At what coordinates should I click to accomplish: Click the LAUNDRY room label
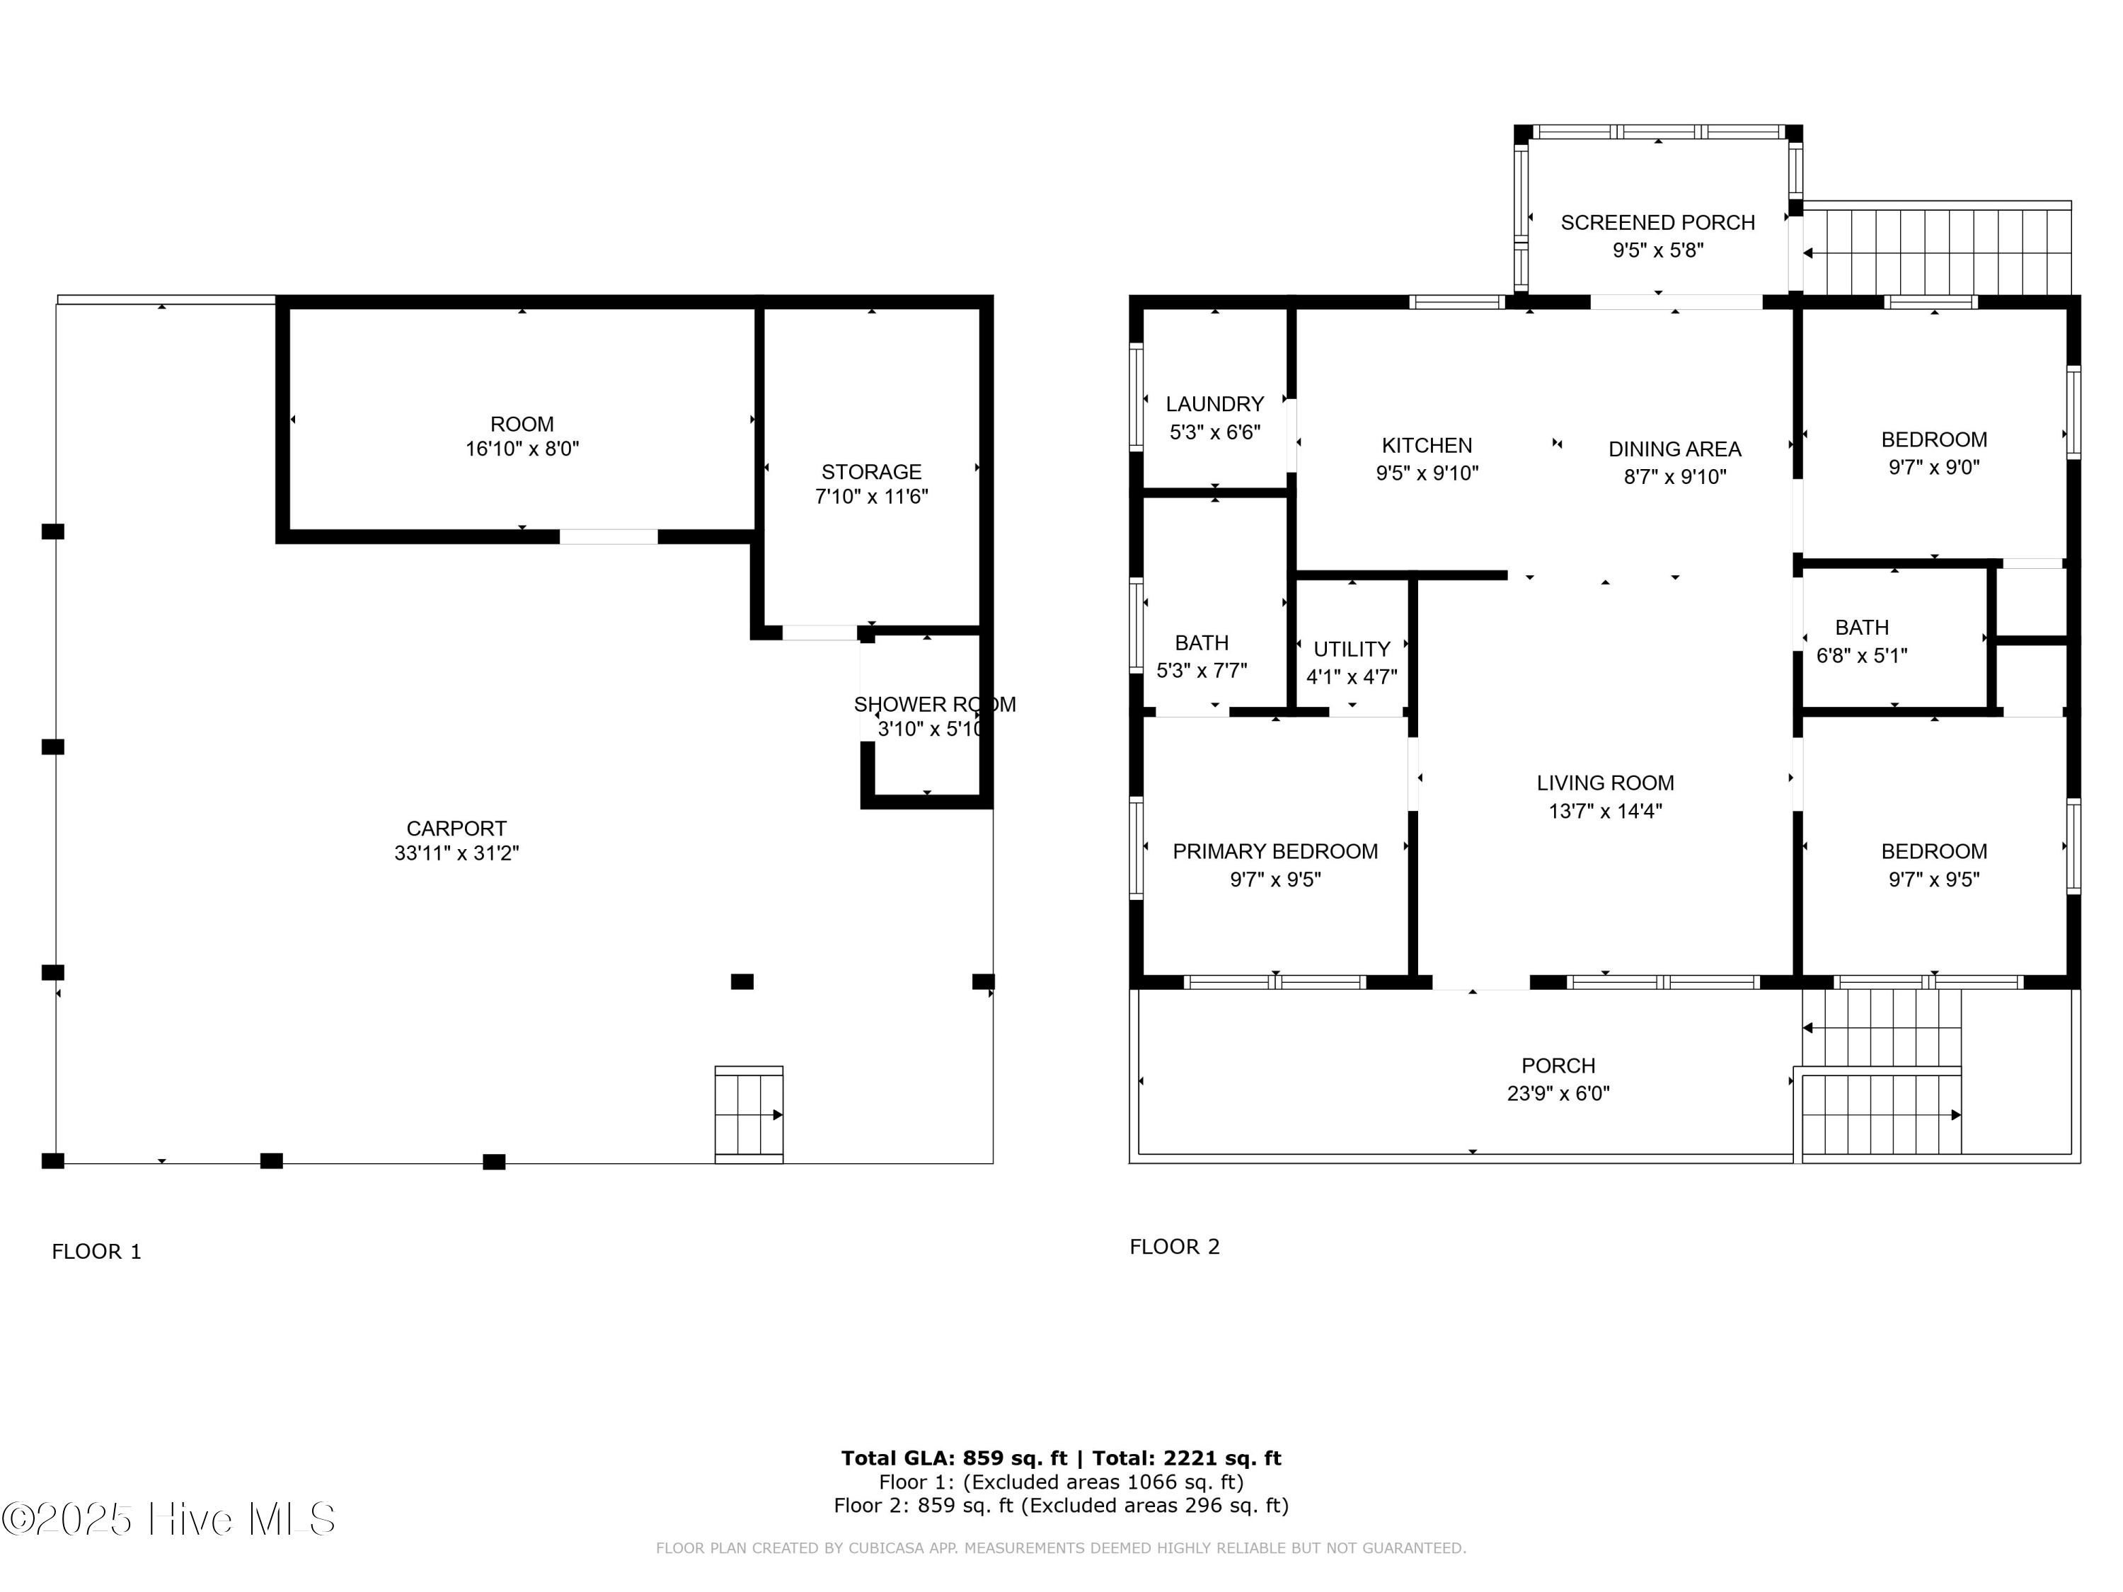click(x=1214, y=404)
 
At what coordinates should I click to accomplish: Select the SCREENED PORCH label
click(x=1657, y=223)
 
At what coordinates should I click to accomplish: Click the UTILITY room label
click(x=1352, y=649)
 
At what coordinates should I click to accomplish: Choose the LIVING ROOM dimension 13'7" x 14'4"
click(x=1605, y=811)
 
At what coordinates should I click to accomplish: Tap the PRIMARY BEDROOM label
click(x=1275, y=851)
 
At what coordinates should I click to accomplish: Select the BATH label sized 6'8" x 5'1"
click(x=1861, y=628)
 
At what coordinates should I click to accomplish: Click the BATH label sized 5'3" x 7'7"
click(x=1201, y=643)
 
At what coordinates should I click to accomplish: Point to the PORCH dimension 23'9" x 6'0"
click(x=1558, y=1093)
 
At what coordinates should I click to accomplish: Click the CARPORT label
click(x=456, y=828)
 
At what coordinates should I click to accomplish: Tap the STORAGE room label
click(x=870, y=472)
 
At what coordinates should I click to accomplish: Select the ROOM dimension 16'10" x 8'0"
click(x=522, y=449)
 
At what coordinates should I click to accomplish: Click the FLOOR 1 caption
click(x=96, y=1252)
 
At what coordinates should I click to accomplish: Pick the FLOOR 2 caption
click(x=1174, y=1247)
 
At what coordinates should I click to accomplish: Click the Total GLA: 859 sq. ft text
click(x=953, y=1458)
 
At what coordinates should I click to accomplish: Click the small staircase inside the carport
click(x=749, y=1114)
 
